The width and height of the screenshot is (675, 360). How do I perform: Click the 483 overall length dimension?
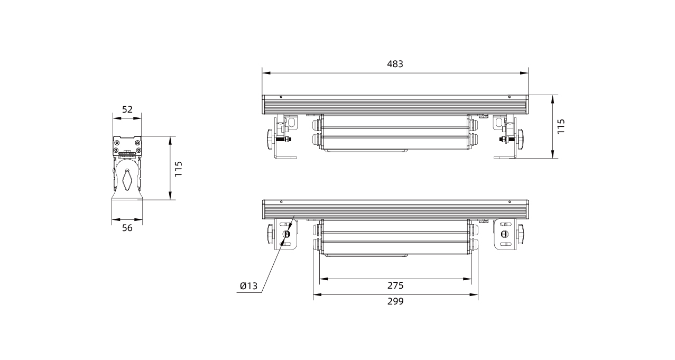395,64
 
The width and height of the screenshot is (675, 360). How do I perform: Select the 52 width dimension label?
127,109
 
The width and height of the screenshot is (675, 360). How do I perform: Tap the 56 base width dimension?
127,228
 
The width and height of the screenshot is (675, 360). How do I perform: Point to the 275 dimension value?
395,285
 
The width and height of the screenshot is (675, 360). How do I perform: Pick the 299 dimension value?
395,301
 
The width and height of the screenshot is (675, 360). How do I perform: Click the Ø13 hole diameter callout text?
248,286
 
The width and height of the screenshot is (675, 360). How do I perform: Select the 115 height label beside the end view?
179,169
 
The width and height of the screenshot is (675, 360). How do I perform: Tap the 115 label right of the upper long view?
561,126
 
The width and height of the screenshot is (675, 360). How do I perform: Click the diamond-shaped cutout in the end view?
127,180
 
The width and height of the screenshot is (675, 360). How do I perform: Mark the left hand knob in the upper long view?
270,139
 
